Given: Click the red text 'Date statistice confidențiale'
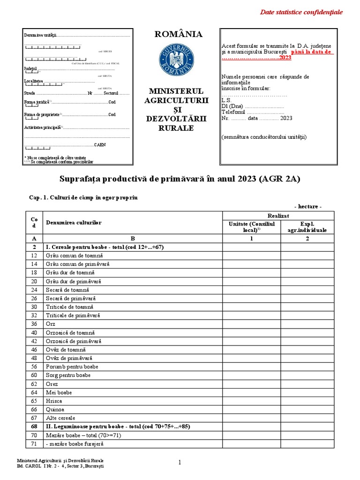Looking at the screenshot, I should pos(301,12).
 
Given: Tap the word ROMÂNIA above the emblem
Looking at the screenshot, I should pos(179,34).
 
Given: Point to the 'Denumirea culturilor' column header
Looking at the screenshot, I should pos(74,223).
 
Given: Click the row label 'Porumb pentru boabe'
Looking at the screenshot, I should pos(72,367).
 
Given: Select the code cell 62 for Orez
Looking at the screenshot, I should pos(34,383).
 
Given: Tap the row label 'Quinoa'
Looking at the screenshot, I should pos(55,409).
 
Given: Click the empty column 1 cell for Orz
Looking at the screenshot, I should pos(251,324).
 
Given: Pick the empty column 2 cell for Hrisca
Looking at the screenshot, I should pos(307,401).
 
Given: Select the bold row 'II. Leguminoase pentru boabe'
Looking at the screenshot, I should pos(117,427).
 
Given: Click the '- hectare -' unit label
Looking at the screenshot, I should pos(307,207).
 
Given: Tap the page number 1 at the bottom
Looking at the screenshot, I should pos(180,463).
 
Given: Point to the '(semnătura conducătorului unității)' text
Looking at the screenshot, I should pos(264,137).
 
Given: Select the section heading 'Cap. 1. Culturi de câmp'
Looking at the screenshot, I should pos(83,198).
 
